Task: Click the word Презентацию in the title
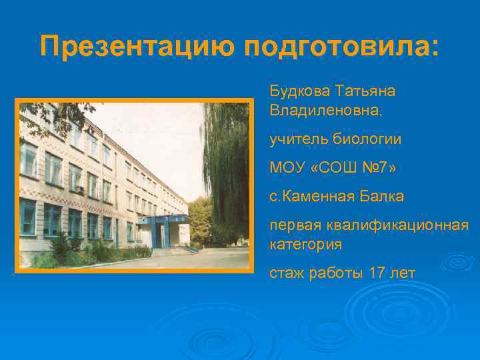(x=137, y=48)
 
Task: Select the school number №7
(x=371, y=169)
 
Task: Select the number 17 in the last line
(x=377, y=274)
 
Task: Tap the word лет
(x=403, y=274)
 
